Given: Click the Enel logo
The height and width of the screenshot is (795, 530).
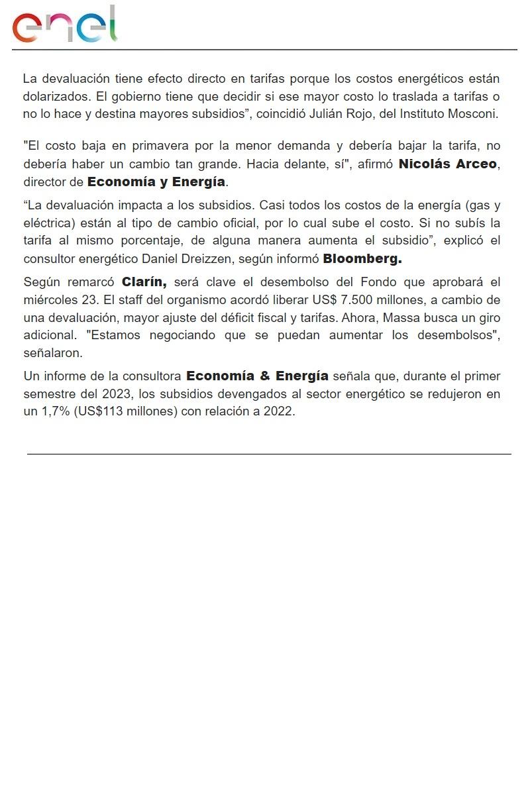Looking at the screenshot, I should click(x=65, y=25).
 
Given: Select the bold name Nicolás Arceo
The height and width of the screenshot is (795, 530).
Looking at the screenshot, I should click(x=447, y=164).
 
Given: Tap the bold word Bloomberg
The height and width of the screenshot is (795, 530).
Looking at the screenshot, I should click(x=362, y=258).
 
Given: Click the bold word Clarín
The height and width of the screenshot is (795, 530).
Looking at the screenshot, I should click(x=144, y=282).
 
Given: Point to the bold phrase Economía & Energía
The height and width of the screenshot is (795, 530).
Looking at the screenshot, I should click(x=257, y=376).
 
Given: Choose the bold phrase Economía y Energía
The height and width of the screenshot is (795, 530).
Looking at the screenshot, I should click(x=156, y=182).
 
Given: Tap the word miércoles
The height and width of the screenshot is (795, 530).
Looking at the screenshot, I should click(x=51, y=301).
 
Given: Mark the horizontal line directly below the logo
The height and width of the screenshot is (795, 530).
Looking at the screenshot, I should click(x=264, y=50).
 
